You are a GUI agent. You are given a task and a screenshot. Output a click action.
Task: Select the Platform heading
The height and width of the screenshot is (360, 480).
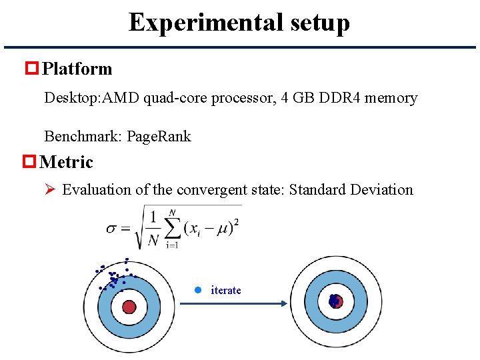coord(77,69)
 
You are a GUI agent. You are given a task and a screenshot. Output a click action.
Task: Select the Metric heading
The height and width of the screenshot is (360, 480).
coord(67,162)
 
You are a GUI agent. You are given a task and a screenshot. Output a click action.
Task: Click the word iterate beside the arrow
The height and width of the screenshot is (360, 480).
coord(226,291)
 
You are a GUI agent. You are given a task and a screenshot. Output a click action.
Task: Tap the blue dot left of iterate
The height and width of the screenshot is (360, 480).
coord(197,290)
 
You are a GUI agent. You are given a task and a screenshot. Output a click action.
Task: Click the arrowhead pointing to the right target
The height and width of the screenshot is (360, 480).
coord(283,303)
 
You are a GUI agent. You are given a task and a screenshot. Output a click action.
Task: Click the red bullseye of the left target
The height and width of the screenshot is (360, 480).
coord(129,307)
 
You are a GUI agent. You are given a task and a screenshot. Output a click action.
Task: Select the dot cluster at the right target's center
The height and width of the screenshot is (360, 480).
coord(334,301)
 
